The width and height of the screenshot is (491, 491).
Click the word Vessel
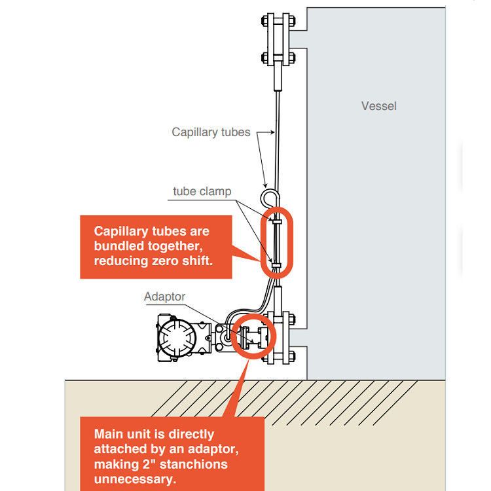click(378, 105)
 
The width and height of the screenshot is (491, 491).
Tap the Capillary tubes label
click(211, 132)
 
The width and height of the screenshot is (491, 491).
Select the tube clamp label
click(202, 192)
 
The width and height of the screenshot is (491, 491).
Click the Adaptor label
click(164, 297)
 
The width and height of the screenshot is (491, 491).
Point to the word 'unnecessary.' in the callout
click(136, 479)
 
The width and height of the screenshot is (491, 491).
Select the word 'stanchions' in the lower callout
click(196, 464)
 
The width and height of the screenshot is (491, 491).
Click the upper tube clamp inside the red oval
click(277, 223)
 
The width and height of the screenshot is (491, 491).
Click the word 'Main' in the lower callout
click(109, 433)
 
